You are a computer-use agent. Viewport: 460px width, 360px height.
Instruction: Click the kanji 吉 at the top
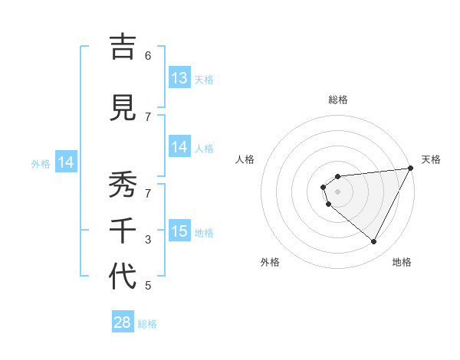coord(122,48)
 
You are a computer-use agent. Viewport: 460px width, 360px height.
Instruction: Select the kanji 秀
coord(122,185)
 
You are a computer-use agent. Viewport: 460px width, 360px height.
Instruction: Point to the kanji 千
coord(122,231)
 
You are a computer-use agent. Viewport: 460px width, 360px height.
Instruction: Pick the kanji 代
coord(122,277)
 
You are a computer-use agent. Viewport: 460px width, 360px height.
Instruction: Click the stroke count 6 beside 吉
coord(148,55)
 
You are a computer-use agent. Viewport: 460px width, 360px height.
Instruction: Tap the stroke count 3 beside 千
coord(148,240)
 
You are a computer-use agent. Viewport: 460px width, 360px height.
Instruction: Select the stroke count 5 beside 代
coord(148,286)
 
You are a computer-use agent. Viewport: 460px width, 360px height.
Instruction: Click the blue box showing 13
coord(179,78)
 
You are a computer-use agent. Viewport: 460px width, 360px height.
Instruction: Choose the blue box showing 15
coord(179,231)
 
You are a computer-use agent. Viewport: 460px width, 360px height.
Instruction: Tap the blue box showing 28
coord(123,322)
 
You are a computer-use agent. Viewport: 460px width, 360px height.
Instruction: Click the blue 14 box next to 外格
coord(66,162)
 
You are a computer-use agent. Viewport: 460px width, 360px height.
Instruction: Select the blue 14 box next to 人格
coord(179,147)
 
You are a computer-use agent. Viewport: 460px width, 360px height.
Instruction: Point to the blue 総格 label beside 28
coord(147,324)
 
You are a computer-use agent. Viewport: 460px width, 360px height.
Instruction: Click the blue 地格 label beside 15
coord(204,233)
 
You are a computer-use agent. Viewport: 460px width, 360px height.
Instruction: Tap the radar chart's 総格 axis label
coord(337,100)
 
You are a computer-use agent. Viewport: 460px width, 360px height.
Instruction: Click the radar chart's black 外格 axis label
coord(270,262)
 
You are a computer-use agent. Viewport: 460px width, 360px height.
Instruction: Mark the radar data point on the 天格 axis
coord(411,169)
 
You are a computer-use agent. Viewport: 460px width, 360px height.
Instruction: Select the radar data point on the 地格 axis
coord(373,242)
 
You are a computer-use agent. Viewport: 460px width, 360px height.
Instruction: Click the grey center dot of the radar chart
coord(337,192)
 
